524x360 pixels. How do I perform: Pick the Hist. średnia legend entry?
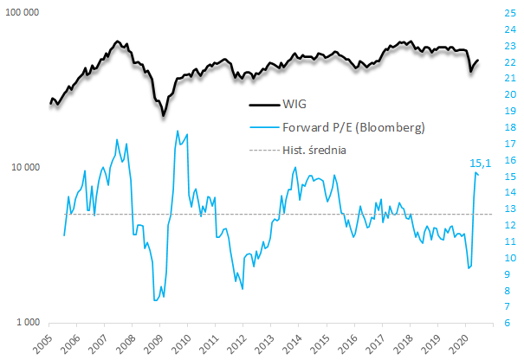pyautogui.click(x=320, y=149)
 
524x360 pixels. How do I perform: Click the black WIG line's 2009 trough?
pyautogui.click(x=162, y=115)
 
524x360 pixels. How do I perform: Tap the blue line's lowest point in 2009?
pyautogui.click(x=155, y=300)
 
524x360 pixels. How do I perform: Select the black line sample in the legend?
pyautogui.click(x=262, y=106)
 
